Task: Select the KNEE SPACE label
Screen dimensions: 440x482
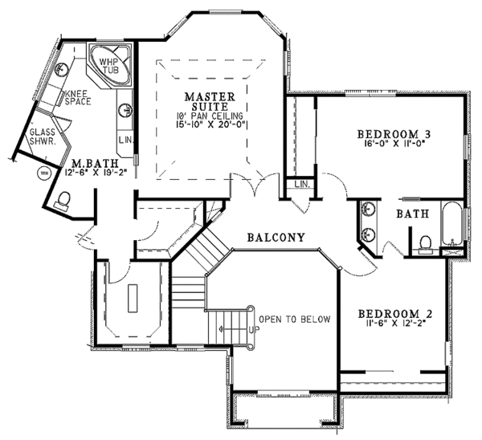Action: tap(77, 97)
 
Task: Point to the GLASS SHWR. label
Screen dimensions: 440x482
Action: tap(41, 137)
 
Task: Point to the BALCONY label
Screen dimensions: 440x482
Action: tap(276, 238)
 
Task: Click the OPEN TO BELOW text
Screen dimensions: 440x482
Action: tap(295, 319)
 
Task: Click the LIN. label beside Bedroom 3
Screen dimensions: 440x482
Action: tap(302, 185)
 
